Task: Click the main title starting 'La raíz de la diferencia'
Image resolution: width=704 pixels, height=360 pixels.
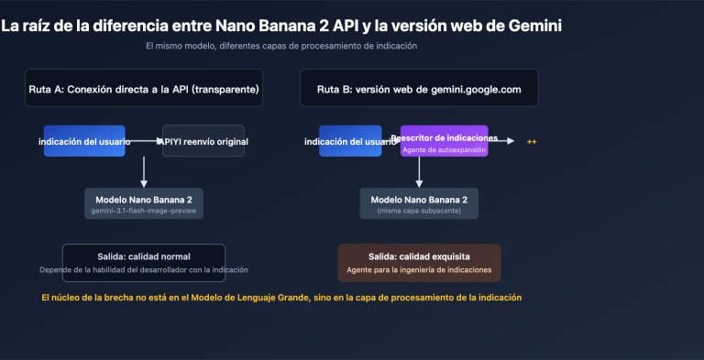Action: [280, 26]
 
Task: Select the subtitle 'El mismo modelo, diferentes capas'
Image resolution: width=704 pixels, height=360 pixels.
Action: [281, 46]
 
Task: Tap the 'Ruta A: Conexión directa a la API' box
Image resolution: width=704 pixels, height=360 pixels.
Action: [144, 89]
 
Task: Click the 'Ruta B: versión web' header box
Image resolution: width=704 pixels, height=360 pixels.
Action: [418, 89]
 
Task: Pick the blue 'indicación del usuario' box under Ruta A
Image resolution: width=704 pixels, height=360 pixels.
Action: [84, 141]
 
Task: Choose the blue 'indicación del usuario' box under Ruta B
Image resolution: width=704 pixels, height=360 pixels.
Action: [350, 141]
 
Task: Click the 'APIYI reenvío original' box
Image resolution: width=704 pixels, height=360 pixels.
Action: [203, 141]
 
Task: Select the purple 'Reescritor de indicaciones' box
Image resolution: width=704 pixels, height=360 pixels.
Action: [445, 141]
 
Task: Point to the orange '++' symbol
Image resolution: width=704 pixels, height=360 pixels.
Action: [531, 142]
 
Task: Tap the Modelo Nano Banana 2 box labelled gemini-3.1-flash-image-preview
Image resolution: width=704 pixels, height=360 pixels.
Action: [143, 203]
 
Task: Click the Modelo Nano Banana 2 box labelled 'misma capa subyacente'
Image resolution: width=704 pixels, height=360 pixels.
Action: [419, 203]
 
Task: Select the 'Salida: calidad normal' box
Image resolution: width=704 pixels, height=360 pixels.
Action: [143, 263]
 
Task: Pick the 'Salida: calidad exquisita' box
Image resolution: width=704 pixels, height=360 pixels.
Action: [419, 263]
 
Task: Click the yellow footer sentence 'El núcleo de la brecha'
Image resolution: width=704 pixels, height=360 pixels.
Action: [281, 298]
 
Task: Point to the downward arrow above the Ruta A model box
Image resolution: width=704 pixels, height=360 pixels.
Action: [144, 172]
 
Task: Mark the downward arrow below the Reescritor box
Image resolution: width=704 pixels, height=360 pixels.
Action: [419, 172]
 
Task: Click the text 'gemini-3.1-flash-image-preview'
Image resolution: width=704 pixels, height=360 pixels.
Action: [143, 212]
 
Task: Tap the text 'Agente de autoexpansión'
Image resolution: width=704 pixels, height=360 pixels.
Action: [445, 148]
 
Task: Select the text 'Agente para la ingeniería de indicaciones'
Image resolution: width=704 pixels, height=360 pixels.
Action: [419, 270]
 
